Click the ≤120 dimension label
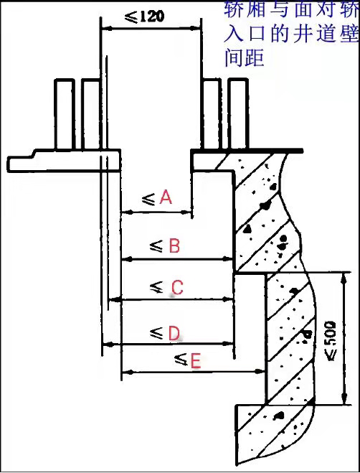pyautogui.click(x=145, y=17)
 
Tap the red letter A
pyautogui.click(x=166, y=197)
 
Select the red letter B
pyautogui.click(x=174, y=245)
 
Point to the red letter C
pyautogui.click(x=177, y=287)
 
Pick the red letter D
pyautogui.click(x=174, y=333)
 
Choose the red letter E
pyautogui.click(x=196, y=361)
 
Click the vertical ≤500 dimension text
pyautogui.click(x=331, y=341)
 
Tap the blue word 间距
pyautogui.click(x=245, y=57)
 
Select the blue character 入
pyautogui.click(x=233, y=34)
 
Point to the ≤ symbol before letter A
pyautogui.click(x=148, y=199)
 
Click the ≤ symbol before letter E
pyautogui.click(x=181, y=360)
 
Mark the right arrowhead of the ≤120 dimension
pyautogui.click(x=196, y=29)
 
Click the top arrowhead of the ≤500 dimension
pyautogui.click(x=344, y=278)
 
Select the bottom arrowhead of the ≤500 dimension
pyautogui.click(x=344, y=399)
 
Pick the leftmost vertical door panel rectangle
pyautogui.click(x=65, y=114)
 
